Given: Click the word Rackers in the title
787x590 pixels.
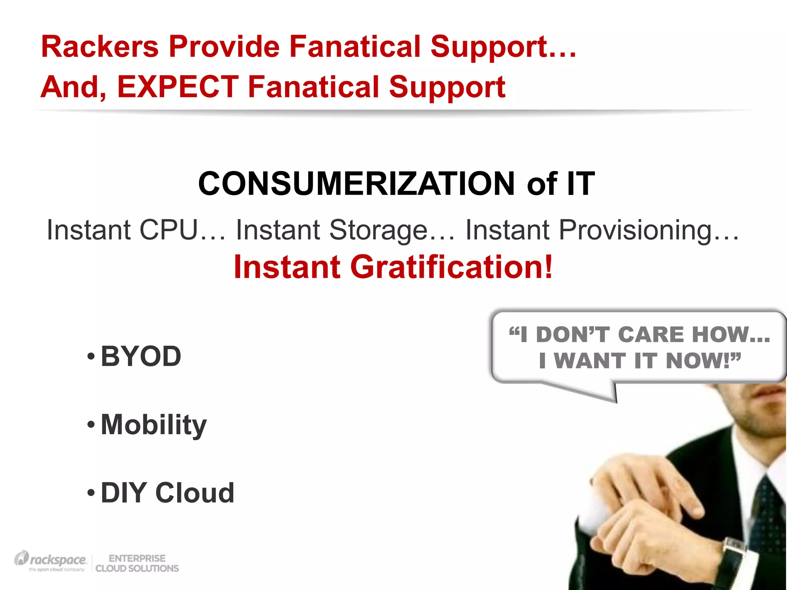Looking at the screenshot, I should pyautogui.click(x=100, y=47).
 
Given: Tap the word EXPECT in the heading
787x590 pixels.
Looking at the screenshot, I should pyautogui.click(x=178, y=87).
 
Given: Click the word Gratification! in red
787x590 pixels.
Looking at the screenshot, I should pyautogui.click(x=451, y=267).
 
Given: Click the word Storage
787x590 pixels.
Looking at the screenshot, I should pyautogui.click(x=378, y=230).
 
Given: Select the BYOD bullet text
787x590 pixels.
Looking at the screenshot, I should pyautogui.click(x=141, y=356).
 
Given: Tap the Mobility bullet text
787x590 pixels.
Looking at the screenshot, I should pyautogui.click(x=154, y=425).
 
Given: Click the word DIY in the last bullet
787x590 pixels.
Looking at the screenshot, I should pyautogui.click(x=123, y=493).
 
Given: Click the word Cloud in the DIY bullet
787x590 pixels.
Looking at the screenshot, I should pyautogui.click(x=195, y=493).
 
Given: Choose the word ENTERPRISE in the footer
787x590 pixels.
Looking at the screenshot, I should pyautogui.click(x=137, y=558).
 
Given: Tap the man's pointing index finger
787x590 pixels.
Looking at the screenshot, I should pyautogui.click(x=688, y=503).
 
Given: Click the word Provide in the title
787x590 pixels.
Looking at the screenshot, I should pyautogui.click(x=224, y=47).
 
